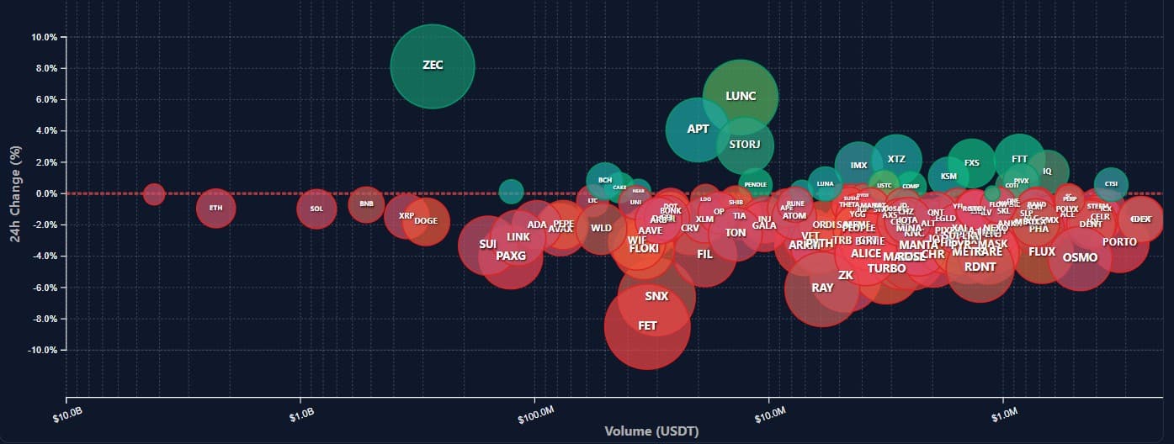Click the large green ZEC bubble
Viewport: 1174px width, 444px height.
433,66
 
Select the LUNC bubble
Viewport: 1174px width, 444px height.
740,96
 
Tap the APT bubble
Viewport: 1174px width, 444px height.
698,129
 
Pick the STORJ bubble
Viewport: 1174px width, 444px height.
745,145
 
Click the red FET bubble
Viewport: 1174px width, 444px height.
647,326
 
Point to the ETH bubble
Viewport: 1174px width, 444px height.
215,208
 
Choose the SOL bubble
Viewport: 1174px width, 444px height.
316,209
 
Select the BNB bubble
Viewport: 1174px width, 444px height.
366,203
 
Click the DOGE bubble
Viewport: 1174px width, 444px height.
426,221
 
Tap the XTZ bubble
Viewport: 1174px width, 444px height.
896,159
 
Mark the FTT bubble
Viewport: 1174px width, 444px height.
1019,158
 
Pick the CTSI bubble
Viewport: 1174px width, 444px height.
1111,184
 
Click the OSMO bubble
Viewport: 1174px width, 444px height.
1080,257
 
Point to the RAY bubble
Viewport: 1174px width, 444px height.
822,288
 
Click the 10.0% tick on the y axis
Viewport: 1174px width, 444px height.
43,38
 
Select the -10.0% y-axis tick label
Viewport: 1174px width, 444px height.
41,350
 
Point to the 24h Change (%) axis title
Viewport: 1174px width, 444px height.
14,194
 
